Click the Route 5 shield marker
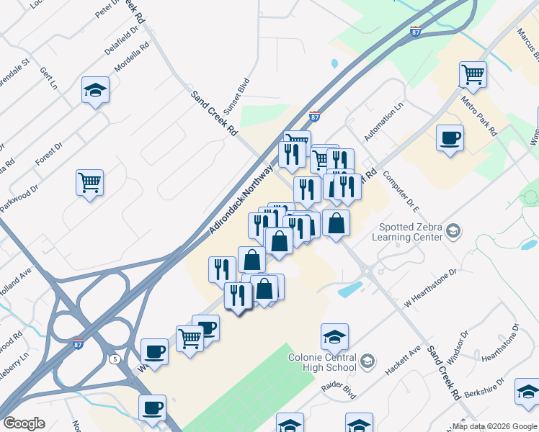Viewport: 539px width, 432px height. coord(115,359)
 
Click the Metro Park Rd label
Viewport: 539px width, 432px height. coord(479,117)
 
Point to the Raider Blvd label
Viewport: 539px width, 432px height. coord(339,392)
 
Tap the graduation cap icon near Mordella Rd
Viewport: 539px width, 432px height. coord(95,89)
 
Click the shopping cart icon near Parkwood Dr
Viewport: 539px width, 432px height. coord(89,182)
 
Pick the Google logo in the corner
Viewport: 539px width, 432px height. coord(24,423)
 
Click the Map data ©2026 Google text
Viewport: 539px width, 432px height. coord(494,426)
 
